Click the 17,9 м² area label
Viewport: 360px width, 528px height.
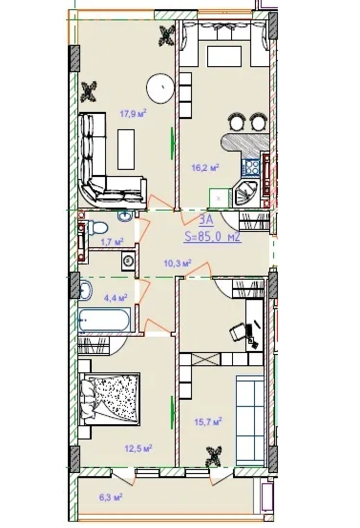coord(133,113)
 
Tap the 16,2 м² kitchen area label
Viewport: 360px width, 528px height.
coord(205,168)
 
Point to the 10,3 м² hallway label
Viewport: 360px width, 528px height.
coord(178,263)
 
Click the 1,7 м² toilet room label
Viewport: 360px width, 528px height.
coord(112,241)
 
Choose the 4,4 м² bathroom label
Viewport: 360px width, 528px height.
coord(115,298)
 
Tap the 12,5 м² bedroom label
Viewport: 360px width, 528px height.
coord(138,448)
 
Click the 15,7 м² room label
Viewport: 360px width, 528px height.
coord(208,421)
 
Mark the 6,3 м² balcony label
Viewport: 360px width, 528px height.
coord(110,497)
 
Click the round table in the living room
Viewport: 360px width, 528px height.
coord(160,88)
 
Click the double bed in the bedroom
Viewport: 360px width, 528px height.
coord(109,399)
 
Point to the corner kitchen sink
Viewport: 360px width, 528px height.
coord(245,193)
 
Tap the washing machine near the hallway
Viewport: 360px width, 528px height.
coord(128,261)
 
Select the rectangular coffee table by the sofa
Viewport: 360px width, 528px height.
coord(126,149)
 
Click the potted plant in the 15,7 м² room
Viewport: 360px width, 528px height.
coord(214,456)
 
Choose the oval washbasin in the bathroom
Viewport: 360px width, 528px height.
coord(85,289)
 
